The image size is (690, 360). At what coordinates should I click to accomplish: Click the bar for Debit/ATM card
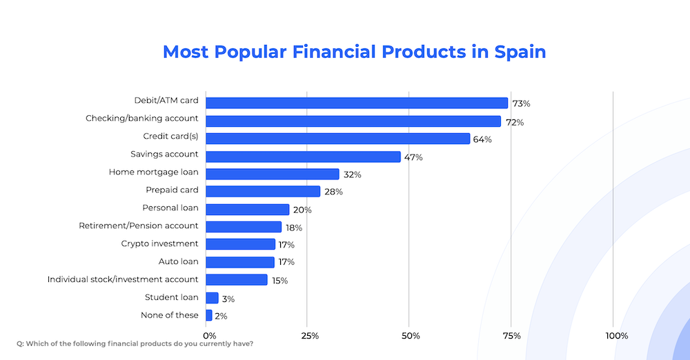[357, 103]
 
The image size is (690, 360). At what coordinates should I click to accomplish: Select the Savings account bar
[303, 157]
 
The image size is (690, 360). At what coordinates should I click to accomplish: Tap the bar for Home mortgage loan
[273, 174]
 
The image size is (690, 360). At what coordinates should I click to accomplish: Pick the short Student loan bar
[212, 298]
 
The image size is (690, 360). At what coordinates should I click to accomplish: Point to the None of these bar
[209, 315]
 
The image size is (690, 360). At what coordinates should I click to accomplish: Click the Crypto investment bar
[240, 244]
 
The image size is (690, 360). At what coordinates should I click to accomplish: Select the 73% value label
[521, 103]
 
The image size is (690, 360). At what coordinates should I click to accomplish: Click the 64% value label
[482, 139]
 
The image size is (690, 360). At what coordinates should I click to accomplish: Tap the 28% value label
[333, 192]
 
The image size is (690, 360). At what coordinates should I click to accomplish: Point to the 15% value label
[280, 281]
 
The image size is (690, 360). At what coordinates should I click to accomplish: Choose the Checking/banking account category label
[141, 119]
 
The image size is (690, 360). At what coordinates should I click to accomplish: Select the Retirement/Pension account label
[138, 226]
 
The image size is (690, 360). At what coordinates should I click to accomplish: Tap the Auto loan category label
[178, 261]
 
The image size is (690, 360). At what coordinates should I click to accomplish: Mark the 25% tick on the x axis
[310, 336]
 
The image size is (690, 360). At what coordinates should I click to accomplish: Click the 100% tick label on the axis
[616, 336]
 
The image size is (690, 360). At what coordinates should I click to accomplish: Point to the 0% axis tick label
[209, 336]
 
